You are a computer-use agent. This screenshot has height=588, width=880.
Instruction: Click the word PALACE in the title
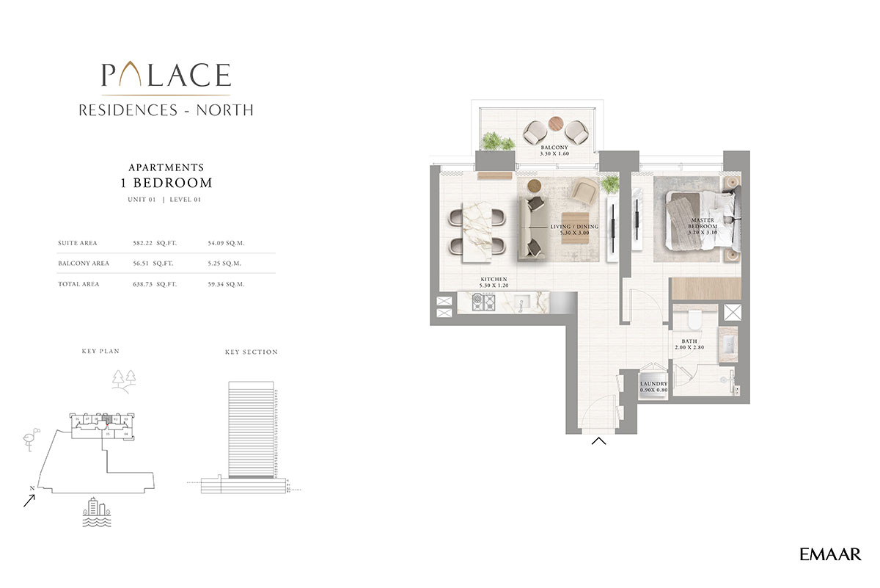(166, 75)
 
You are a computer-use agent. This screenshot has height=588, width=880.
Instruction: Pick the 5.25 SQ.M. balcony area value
(227, 263)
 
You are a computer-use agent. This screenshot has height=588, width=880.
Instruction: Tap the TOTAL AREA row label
(78, 283)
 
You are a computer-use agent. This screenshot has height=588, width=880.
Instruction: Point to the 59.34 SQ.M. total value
(227, 283)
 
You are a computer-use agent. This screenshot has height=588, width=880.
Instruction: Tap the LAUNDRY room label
(653, 386)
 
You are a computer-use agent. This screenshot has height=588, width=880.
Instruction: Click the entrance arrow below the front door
(598, 441)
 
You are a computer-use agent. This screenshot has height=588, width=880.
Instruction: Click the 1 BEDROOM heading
(166, 183)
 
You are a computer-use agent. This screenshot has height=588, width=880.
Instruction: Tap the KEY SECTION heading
(251, 352)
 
